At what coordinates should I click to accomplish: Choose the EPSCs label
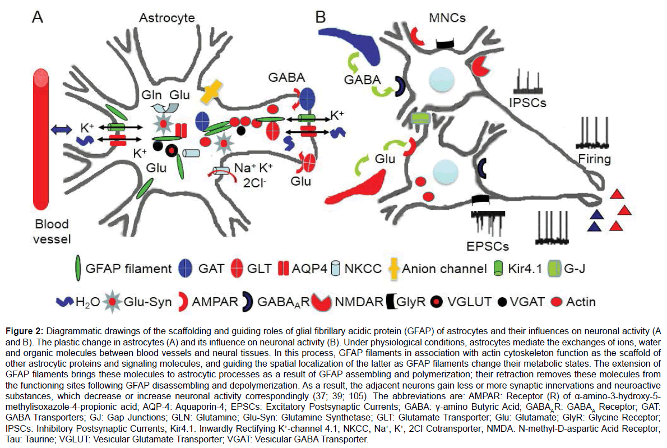(487, 246)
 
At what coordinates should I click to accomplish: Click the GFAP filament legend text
(128, 269)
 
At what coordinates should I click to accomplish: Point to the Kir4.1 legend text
(532, 269)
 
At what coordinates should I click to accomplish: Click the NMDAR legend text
(359, 302)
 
